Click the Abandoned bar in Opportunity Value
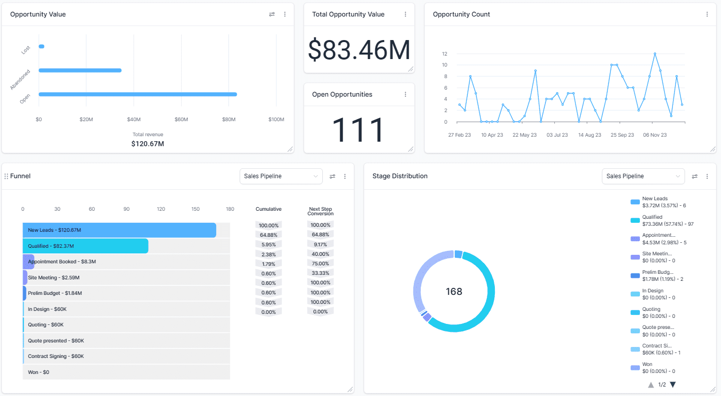point(80,71)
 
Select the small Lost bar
point(42,47)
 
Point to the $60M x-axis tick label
point(181,120)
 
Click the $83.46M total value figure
point(359,50)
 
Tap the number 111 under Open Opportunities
point(358,130)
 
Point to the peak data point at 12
point(654,54)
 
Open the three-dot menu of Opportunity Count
point(707,15)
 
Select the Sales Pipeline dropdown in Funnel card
point(281,176)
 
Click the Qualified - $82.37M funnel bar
point(86,246)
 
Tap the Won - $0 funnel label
point(39,372)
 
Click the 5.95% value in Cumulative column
point(269,244)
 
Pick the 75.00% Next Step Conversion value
point(320,264)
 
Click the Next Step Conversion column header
point(320,211)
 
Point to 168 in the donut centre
point(454,291)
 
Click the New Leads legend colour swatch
point(635,202)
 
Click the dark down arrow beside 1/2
point(673,384)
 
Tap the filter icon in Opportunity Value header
point(272,15)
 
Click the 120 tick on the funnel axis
point(161,209)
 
